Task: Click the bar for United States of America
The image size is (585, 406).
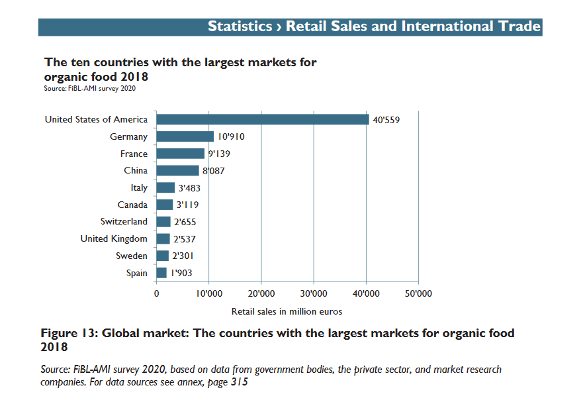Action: tap(262, 119)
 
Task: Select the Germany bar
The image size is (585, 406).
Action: tap(185, 136)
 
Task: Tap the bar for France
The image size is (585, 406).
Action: tap(180, 154)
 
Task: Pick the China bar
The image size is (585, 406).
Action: tap(177, 171)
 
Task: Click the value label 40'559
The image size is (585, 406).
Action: tap(386, 120)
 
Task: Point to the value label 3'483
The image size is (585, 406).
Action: tap(189, 188)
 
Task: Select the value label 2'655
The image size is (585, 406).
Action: tap(185, 222)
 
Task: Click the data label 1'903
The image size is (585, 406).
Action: tap(181, 273)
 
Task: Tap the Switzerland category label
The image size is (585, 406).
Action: tap(124, 222)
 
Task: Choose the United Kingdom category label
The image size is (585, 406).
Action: tap(114, 238)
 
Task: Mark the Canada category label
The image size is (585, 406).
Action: tap(132, 205)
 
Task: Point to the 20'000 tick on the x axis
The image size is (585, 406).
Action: tap(261, 293)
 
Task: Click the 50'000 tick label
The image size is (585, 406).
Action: tap(418, 293)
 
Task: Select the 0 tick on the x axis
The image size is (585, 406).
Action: tap(156, 293)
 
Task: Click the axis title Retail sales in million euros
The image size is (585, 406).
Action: tap(287, 311)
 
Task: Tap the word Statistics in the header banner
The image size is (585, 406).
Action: tap(240, 26)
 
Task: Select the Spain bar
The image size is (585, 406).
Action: tap(161, 273)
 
